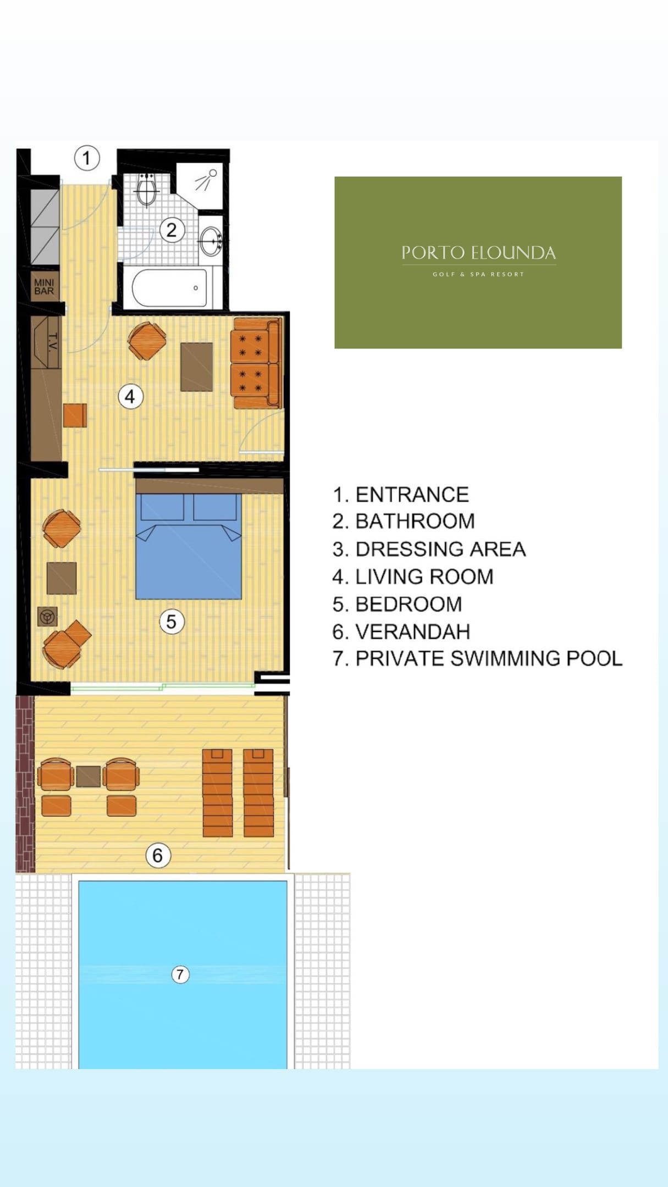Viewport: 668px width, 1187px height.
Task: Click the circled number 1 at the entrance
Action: [87, 158]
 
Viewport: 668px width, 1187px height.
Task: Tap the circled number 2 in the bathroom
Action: [172, 230]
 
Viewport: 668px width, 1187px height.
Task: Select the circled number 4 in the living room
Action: [130, 396]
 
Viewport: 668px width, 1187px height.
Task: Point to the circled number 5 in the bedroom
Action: [172, 622]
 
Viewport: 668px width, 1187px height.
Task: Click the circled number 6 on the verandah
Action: [158, 855]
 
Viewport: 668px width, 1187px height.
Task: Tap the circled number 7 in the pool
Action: [180, 974]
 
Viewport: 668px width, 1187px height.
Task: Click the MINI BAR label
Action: [44, 286]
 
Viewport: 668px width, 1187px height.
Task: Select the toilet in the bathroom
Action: [147, 190]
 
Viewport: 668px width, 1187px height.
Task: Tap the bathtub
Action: [169, 287]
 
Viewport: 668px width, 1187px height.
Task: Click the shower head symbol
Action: [206, 180]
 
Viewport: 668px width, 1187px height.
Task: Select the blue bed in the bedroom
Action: [189, 546]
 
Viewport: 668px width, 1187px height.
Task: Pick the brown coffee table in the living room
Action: [197, 367]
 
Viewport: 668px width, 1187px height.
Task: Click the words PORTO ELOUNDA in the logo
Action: [478, 253]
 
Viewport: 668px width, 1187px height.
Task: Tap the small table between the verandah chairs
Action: [88, 776]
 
